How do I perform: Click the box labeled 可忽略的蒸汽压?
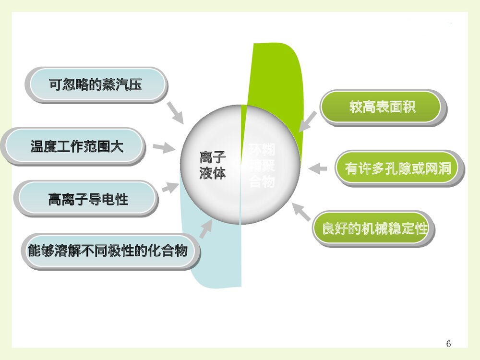pyautogui.click(x=96, y=85)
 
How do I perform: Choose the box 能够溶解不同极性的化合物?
pyautogui.click(x=108, y=250)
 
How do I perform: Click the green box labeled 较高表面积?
pyautogui.click(x=382, y=107)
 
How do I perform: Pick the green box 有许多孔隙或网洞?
pyautogui.click(x=398, y=168)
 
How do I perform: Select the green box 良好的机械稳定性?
pyautogui.click(x=374, y=228)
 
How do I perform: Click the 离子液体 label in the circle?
pyautogui.click(x=213, y=166)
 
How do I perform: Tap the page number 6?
pyautogui.click(x=448, y=344)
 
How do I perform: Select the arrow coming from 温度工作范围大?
pyautogui.click(x=163, y=147)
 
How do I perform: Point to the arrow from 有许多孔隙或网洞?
pyautogui.click(x=318, y=168)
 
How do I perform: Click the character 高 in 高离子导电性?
pyautogui.click(x=54, y=198)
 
